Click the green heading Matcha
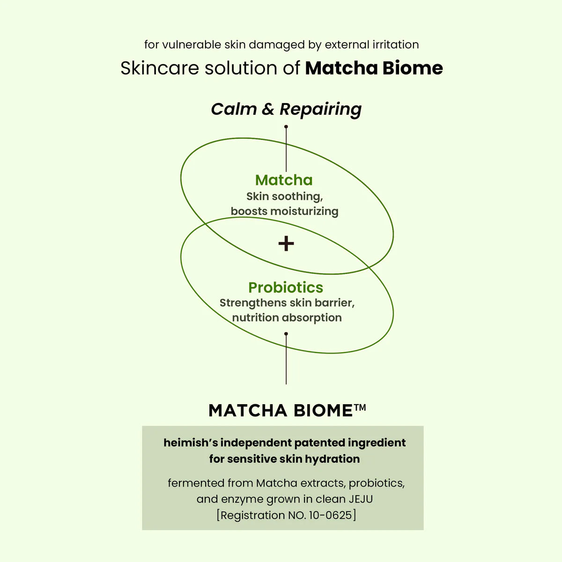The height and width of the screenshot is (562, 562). click(284, 180)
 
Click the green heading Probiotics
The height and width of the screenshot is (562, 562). click(286, 287)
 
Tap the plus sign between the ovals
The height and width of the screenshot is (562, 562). click(286, 244)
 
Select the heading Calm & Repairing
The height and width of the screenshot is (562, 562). click(286, 109)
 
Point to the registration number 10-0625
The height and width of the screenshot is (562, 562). click(330, 515)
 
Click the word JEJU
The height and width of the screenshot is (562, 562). click(361, 499)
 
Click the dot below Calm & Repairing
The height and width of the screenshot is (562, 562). click(286, 126)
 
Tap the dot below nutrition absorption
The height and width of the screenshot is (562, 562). click(286, 334)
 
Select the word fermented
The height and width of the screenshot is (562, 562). click(196, 483)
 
